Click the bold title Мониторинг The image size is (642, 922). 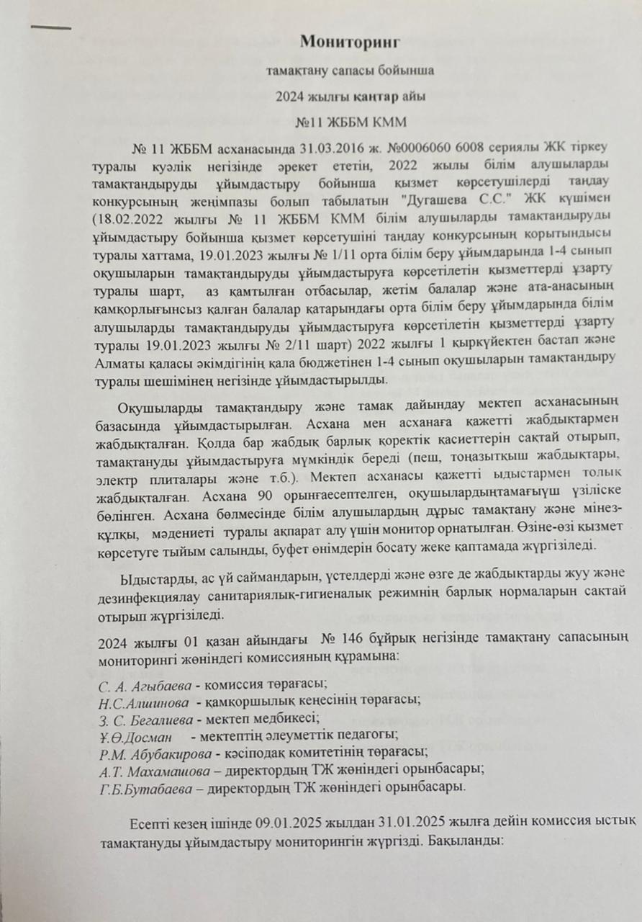[x=349, y=41]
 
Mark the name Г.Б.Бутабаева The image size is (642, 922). [x=148, y=787]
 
